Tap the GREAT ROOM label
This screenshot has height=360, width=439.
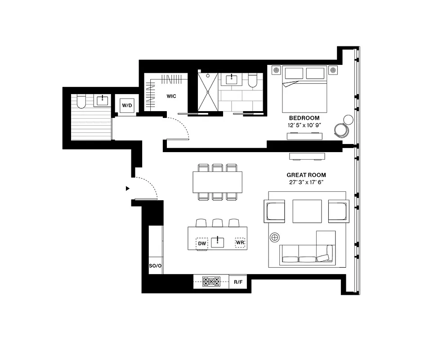[x=306, y=175]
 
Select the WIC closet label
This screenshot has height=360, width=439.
[x=171, y=96]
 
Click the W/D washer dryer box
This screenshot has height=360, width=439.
[x=127, y=105]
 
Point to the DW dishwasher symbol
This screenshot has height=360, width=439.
[x=202, y=243]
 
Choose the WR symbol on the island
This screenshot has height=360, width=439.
[x=240, y=243]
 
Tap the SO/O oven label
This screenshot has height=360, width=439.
[x=155, y=266]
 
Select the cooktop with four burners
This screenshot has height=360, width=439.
[x=211, y=282]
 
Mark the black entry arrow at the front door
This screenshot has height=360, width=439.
[x=128, y=189]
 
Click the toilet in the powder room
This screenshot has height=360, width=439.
[x=81, y=101]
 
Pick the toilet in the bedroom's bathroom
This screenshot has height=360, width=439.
[x=252, y=81]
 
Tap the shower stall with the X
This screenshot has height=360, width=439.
[x=208, y=92]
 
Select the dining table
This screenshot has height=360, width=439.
[x=217, y=182]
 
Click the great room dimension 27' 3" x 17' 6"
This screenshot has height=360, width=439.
[x=306, y=183]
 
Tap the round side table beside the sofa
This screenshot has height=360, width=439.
[x=275, y=237]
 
